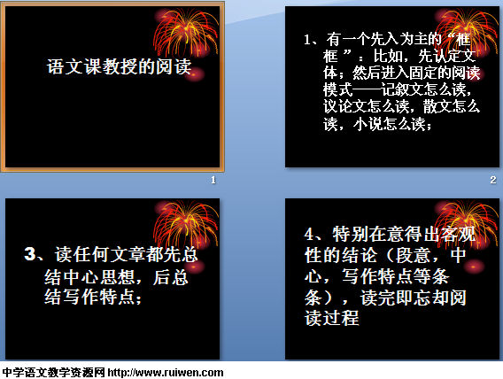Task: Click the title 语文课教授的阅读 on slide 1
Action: point(120,66)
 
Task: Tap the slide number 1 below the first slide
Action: point(213,180)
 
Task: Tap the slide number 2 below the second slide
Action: point(493,180)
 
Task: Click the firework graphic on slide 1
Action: point(185,35)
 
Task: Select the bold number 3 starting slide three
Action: point(30,254)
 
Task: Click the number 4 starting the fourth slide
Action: point(309,234)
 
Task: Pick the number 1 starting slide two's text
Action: point(307,40)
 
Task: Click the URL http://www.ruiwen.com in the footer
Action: point(166,372)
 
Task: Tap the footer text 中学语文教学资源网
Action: point(53,372)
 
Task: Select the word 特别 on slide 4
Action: point(351,234)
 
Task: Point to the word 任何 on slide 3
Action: point(91,255)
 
